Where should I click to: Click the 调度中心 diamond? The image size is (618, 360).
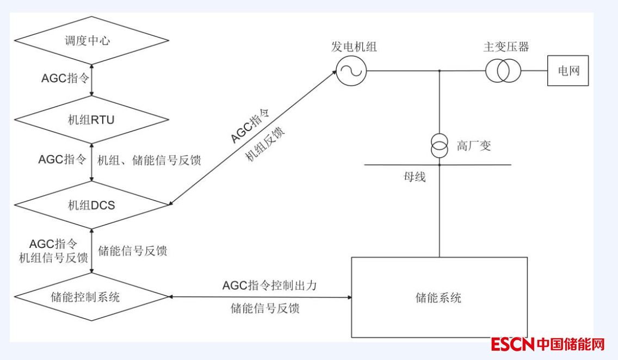click(x=91, y=41)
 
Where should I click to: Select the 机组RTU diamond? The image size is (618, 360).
click(x=91, y=120)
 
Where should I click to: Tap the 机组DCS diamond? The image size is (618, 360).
click(x=91, y=205)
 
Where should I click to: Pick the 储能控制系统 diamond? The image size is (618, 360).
click(x=91, y=297)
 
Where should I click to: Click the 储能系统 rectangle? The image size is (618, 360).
click(x=439, y=297)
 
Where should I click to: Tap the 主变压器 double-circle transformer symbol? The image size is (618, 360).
click(x=503, y=71)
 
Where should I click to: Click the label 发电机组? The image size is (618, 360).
click(x=354, y=47)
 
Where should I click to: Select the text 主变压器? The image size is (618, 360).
click(x=506, y=47)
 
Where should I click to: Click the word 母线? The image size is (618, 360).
click(x=415, y=177)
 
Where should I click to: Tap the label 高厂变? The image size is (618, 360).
click(x=474, y=146)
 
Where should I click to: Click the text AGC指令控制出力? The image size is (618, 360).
click(x=269, y=285)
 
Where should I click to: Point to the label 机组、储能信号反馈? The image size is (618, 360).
click(x=149, y=160)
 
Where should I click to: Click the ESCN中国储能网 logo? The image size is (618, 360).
click(x=548, y=344)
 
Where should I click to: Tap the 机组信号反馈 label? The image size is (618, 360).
click(x=53, y=257)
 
